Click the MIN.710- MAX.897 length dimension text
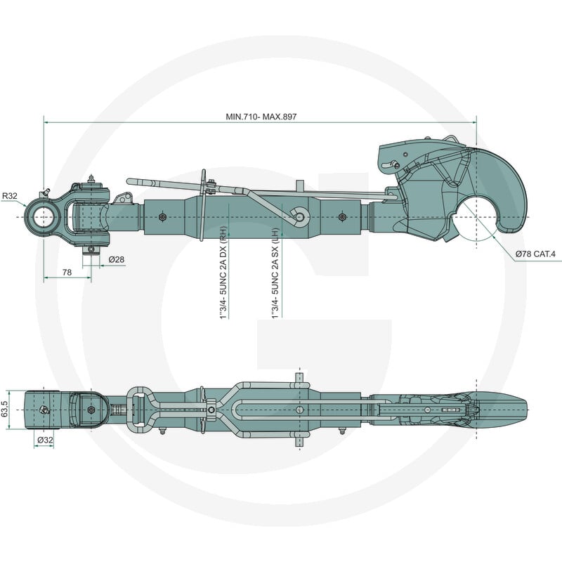(261, 117)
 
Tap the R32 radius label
(10, 196)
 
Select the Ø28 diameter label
(117, 259)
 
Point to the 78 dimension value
(67, 273)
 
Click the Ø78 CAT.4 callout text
(535, 254)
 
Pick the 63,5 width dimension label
(5, 409)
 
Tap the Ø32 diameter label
(45, 440)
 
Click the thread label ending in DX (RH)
(223, 273)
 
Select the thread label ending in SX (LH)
(275, 273)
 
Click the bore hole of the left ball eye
(44, 217)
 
